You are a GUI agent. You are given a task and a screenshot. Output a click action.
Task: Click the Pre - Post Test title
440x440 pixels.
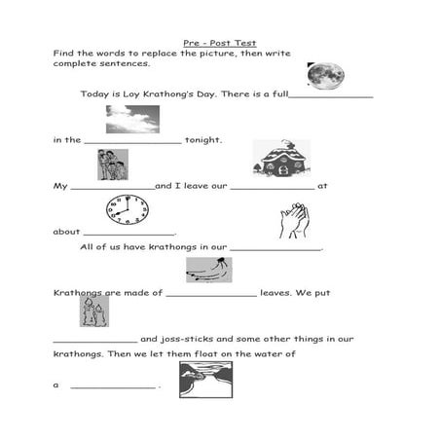pyautogui.click(x=220, y=43)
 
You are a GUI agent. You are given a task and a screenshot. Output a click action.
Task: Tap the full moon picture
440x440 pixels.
pyautogui.click(x=326, y=76)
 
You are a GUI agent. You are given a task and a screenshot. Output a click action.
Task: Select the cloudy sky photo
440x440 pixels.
pyautogui.click(x=132, y=119)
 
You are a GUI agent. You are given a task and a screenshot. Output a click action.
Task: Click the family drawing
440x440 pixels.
pyautogui.click(x=113, y=165)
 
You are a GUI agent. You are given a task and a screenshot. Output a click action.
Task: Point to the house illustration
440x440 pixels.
pyautogui.click(x=281, y=159)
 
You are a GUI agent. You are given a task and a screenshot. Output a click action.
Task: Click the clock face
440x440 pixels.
pyautogui.click(x=128, y=209)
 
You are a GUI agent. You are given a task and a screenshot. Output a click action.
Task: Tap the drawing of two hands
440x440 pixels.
pyautogui.click(x=294, y=221)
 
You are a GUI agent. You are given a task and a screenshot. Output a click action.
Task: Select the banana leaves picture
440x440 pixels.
pyautogui.click(x=209, y=270)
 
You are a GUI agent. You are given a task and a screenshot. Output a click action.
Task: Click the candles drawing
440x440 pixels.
pyautogui.click(x=94, y=312)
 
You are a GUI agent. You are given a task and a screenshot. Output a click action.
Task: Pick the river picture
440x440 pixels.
pyautogui.click(x=205, y=380)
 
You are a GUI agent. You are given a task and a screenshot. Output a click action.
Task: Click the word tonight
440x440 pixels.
pyautogui.click(x=203, y=140)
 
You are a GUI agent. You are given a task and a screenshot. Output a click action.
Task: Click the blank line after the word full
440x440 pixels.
pyautogui.click(x=331, y=96)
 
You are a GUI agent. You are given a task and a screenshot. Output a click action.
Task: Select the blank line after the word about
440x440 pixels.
pyautogui.click(x=129, y=235)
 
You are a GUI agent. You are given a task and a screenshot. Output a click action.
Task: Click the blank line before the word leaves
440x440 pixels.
pyautogui.click(x=211, y=296)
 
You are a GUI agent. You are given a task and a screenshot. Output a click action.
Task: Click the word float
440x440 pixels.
pyautogui.click(x=206, y=353)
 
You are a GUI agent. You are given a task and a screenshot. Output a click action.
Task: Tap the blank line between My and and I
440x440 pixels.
pyautogui.click(x=113, y=189)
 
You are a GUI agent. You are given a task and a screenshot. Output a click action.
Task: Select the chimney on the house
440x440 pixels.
pyautogui.click(x=286, y=144)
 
